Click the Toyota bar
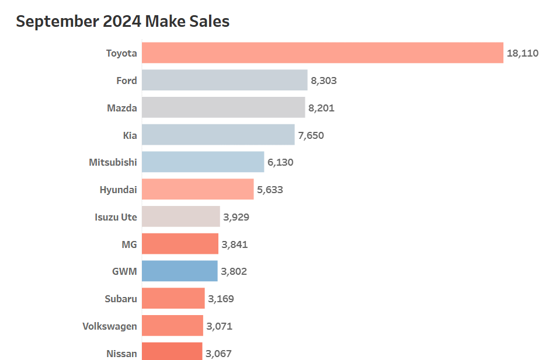(322, 53)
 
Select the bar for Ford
(224, 80)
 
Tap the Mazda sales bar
(223, 107)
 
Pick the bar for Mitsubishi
(203, 162)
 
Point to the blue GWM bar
(179, 271)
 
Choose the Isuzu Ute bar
(180, 216)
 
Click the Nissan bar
(172, 352)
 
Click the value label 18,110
(523, 53)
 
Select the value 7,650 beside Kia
(311, 135)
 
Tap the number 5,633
(270, 190)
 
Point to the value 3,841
(235, 244)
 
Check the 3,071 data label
(219, 326)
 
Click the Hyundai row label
(119, 190)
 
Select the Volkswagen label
(110, 326)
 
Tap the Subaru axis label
(121, 299)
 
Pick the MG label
(129, 244)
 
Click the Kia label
(130, 135)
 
